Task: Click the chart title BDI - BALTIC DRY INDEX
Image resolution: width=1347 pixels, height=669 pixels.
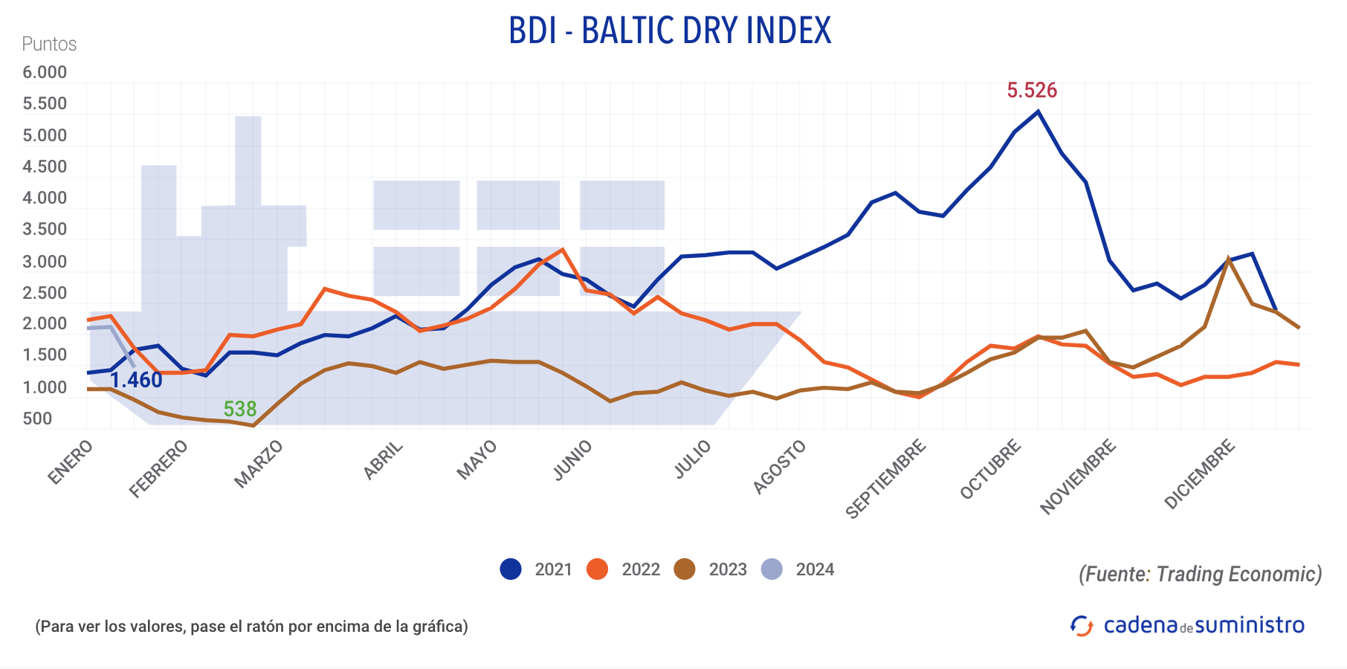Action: (x=670, y=31)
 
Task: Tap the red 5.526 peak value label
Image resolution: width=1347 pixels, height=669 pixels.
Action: (x=1032, y=91)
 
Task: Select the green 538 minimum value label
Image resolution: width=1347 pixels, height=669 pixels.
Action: (x=240, y=409)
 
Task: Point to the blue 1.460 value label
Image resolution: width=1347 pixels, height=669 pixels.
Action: (x=137, y=380)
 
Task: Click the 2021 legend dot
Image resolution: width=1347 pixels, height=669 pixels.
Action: (x=511, y=569)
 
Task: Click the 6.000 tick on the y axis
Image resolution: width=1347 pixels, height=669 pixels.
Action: (x=45, y=72)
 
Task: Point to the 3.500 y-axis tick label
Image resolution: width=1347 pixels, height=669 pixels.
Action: (x=45, y=229)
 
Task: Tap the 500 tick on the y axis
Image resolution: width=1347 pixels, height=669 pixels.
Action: (x=37, y=418)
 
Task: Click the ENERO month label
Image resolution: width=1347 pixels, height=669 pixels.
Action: (x=71, y=462)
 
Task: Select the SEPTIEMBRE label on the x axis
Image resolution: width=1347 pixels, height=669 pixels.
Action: (x=886, y=479)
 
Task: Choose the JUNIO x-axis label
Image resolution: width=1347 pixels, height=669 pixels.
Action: (x=573, y=460)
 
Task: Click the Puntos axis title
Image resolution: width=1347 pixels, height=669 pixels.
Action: (x=49, y=44)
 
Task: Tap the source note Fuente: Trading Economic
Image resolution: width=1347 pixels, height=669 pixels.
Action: (x=1200, y=574)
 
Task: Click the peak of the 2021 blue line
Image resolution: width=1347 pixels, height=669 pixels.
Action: (x=1038, y=111)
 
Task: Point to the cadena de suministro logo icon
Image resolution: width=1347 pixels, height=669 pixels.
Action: (x=1082, y=626)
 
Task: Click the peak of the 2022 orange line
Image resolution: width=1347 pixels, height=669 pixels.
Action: (x=563, y=249)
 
